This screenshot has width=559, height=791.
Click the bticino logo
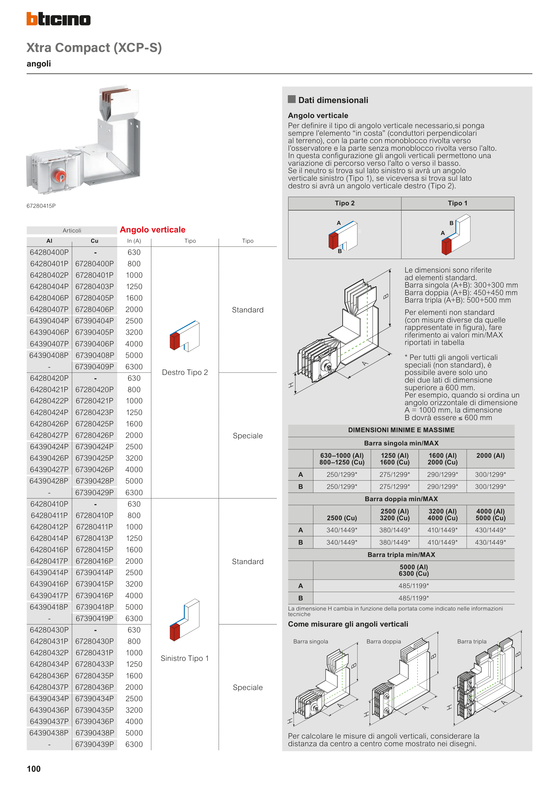(x=59, y=19)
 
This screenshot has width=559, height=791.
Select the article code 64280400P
(x=49, y=252)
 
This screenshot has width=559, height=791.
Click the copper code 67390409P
(x=94, y=367)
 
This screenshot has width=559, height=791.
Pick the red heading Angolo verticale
(x=153, y=230)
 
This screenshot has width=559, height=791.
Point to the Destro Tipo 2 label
(x=185, y=372)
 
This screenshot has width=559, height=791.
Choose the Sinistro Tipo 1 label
(x=185, y=658)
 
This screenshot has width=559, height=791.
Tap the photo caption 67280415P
(x=41, y=206)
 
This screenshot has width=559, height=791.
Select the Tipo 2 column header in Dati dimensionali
(x=345, y=203)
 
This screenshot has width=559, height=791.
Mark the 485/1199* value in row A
(x=414, y=586)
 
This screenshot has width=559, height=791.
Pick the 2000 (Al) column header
(x=490, y=456)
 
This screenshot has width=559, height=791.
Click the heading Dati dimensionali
(x=333, y=100)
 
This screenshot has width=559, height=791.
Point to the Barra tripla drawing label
(x=472, y=641)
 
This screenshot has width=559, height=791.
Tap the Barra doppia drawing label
(x=384, y=641)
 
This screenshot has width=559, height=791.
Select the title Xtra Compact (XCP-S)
(x=94, y=47)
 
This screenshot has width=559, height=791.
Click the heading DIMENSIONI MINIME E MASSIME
(x=401, y=430)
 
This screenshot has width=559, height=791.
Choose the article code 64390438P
(x=49, y=733)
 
